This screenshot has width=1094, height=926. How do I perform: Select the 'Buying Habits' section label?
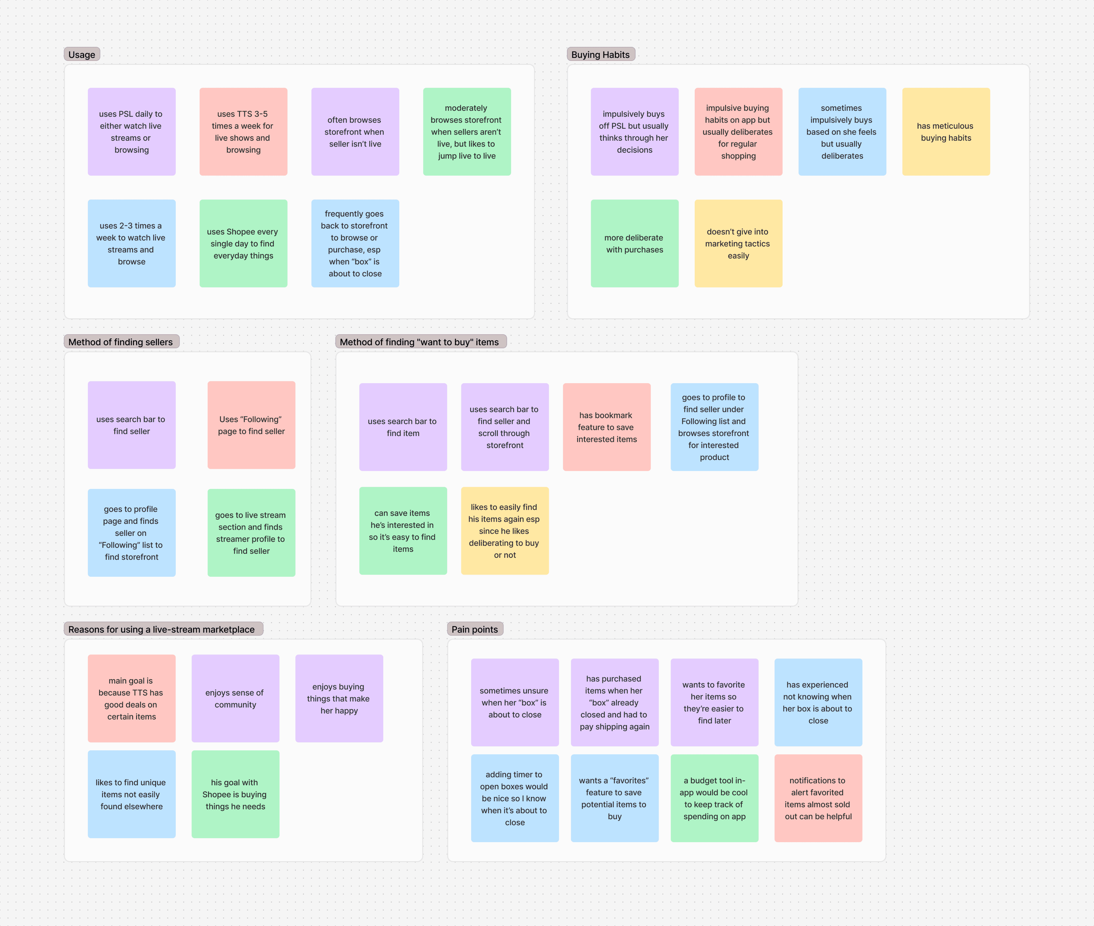pyautogui.click(x=600, y=54)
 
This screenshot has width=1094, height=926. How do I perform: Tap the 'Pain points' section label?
pyautogui.click(x=475, y=629)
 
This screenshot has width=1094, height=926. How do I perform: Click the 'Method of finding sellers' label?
pyautogui.click(x=121, y=342)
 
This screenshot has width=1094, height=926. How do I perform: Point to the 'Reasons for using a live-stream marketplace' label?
pyautogui.click(x=162, y=629)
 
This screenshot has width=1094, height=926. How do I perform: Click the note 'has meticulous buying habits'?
pyautogui.click(x=945, y=132)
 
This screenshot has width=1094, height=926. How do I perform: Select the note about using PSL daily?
pyautogui.click(x=131, y=132)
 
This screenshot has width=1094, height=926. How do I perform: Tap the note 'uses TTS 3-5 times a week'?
pyautogui.click(x=243, y=132)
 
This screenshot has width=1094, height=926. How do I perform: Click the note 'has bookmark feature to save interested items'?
pyautogui.click(x=606, y=427)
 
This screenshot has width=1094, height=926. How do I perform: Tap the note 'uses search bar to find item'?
pyautogui.click(x=403, y=427)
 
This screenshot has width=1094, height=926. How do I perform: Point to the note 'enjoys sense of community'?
pyautogui.click(x=235, y=698)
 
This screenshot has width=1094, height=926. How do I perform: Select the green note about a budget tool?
pyautogui.click(x=714, y=798)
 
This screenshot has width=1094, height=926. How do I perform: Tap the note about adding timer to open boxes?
pyautogui.click(x=514, y=798)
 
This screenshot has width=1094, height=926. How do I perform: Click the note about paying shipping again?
pyautogui.click(x=614, y=702)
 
